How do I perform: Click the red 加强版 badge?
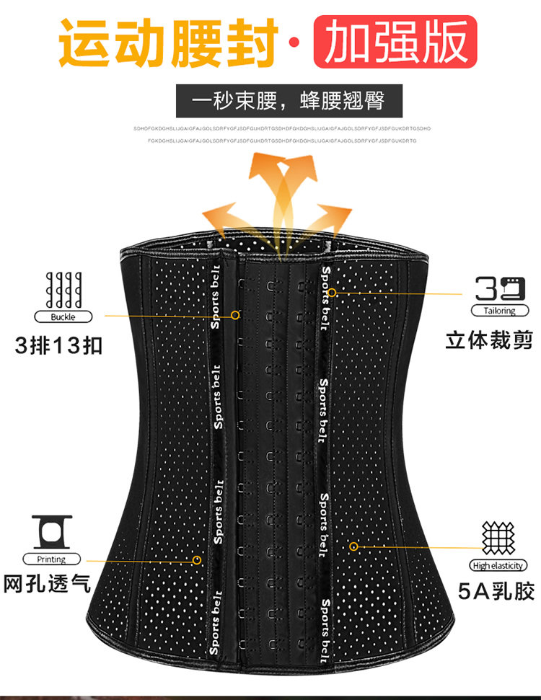click(395, 42)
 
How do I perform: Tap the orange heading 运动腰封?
click(169, 43)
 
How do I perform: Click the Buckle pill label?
click(63, 316)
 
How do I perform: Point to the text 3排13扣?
click(59, 345)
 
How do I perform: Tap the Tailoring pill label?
click(500, 311)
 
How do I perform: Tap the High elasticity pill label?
click(498, 565)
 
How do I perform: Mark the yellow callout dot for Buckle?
click(235, 315)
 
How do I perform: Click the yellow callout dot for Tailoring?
click(333, 293)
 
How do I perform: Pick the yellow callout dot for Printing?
click(197, 559)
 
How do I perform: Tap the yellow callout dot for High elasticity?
click(353, 546)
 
